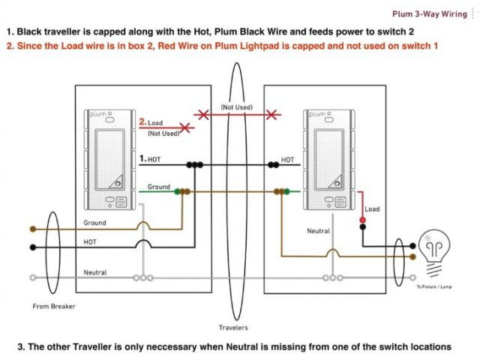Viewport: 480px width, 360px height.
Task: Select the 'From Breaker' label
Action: (x=54, y=306)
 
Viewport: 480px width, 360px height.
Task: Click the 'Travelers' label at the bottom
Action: (x=233, y=328)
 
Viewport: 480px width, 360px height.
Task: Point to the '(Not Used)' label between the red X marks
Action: (x=236, y=108)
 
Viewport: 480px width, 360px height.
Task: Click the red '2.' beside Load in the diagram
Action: (x=143, y=121)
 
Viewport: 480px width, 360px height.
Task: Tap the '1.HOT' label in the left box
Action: (x=150, y=159)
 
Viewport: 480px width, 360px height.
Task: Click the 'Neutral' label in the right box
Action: (x=318, y=232)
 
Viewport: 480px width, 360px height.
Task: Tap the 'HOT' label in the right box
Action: (x=288, y=159)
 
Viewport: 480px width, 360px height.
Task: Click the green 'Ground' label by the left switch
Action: (x=158, y=186)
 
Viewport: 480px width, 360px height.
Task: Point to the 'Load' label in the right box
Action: (x=372, y=209)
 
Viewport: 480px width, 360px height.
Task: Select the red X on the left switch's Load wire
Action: (x=183, y=128)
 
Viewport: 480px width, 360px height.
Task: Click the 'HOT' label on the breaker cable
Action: (x=90, y=241)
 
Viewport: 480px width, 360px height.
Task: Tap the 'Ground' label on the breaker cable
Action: (x=94, y=223)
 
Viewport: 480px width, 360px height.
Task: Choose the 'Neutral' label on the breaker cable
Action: (x=94, y=271)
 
